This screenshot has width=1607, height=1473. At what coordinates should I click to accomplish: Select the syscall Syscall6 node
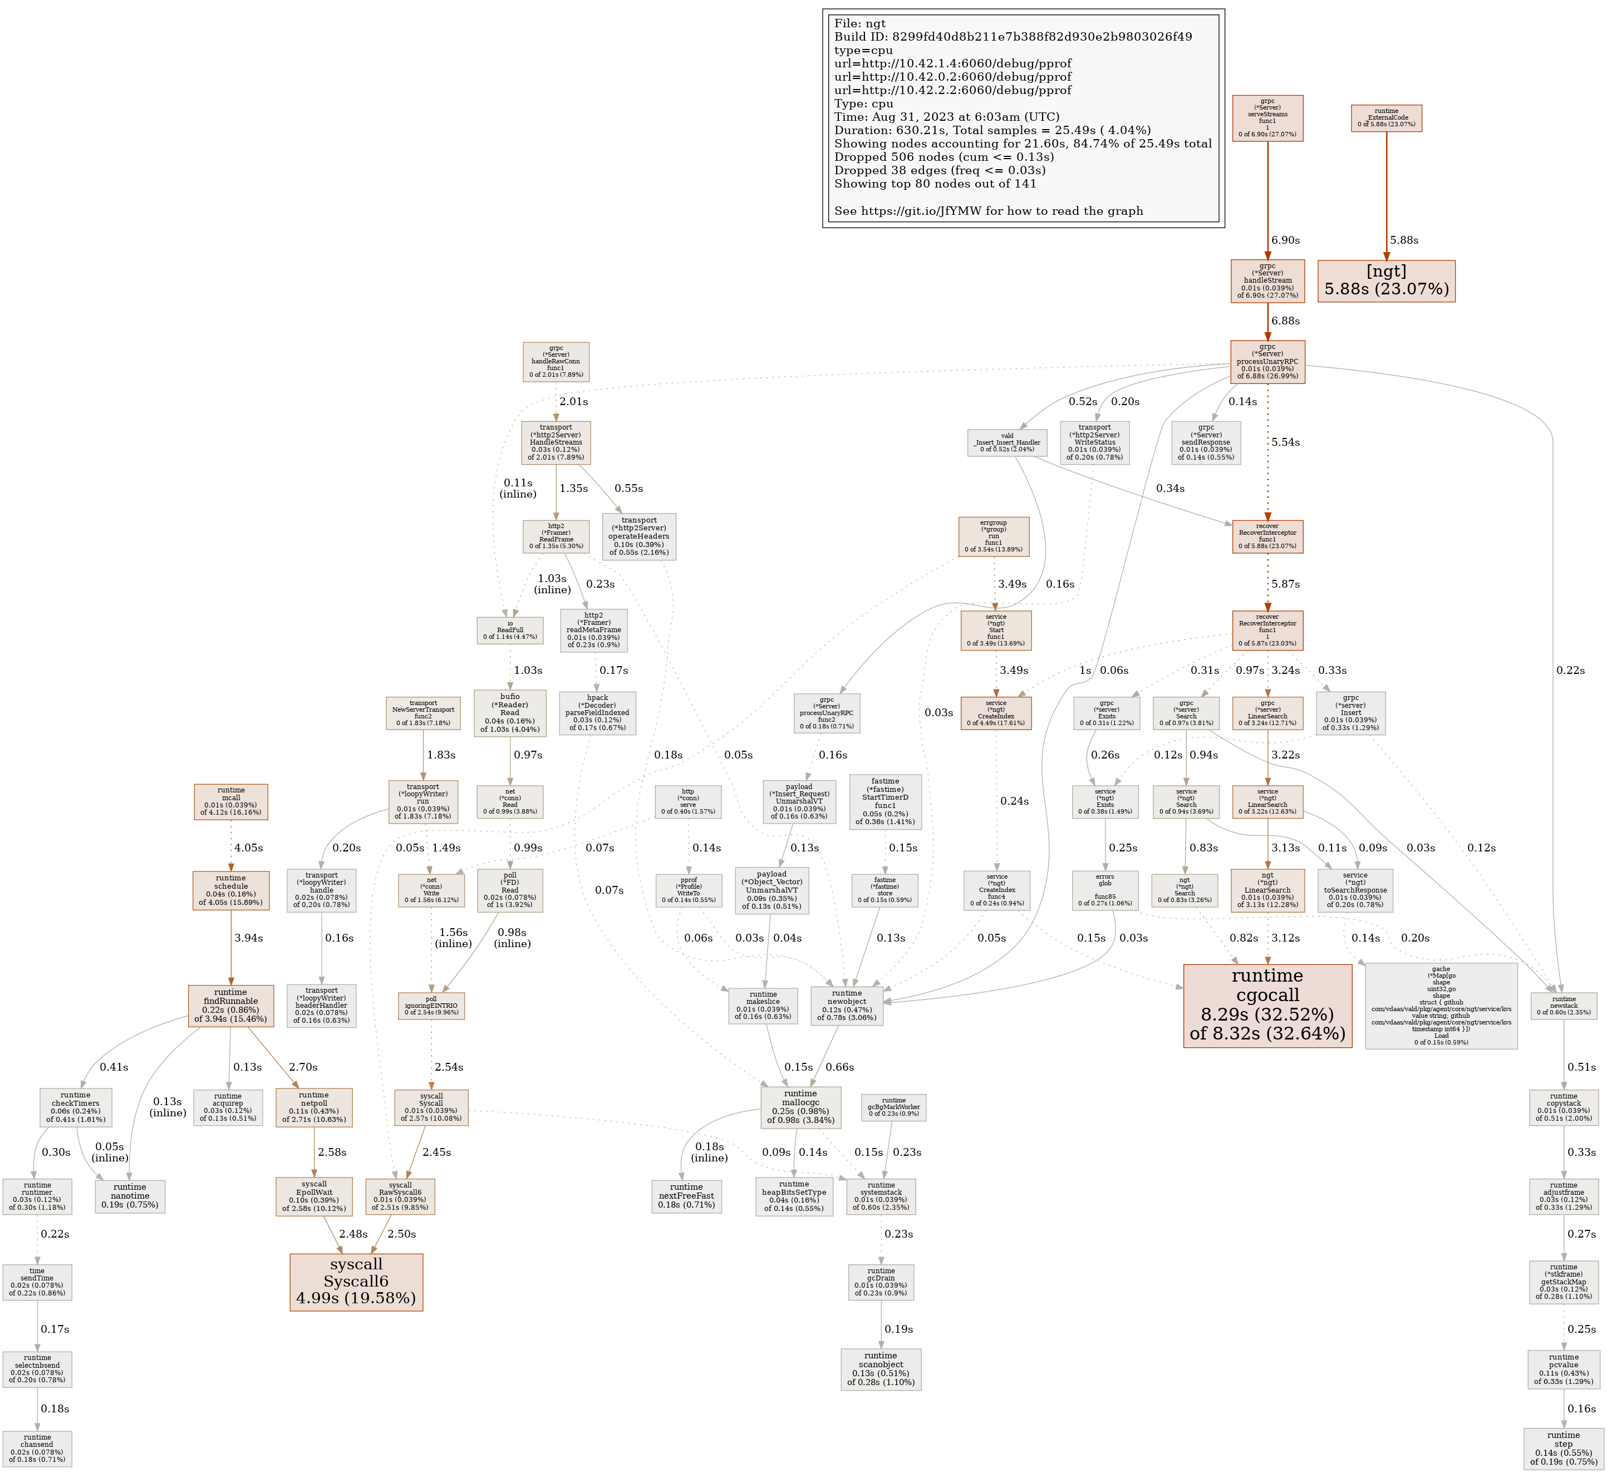[x=356, y=1282]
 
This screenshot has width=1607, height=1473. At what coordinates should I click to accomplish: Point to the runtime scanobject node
[x=880, y=1368]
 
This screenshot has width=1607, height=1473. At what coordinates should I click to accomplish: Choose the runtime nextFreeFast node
[x=686, y=1196]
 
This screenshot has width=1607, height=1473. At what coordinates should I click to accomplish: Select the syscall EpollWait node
[x=314, y=1196]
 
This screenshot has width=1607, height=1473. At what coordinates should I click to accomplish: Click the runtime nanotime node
[x=129, y=1196]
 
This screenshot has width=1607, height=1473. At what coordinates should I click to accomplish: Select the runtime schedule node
[x=230, y=890]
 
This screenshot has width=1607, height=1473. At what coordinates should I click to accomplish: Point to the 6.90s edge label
[x=1285, y=240]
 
